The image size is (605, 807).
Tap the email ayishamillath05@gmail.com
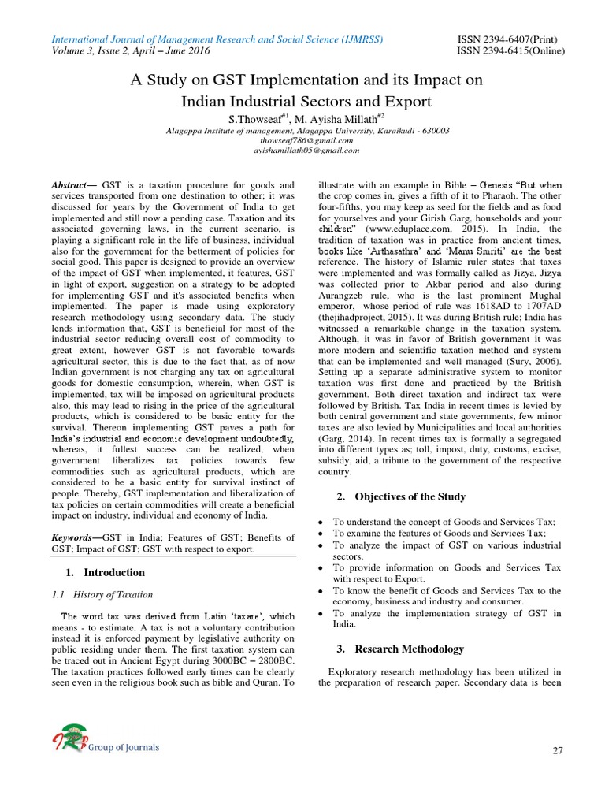pyautogui.click(x=302, y=150)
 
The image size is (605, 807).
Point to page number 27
pyautogui.click(x=557, y=750)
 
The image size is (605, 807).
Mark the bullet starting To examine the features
pyautogui.click(x=444, y=534)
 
